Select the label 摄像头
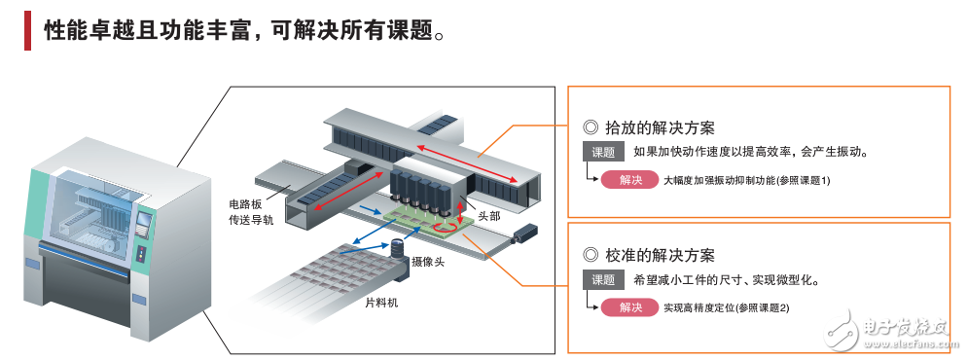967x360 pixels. click(430, 262)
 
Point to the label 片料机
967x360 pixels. click(381, 303)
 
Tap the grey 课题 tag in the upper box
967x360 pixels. click(603, 153)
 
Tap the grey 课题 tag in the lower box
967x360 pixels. click(603, 280)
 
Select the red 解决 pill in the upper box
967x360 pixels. click(629, 180)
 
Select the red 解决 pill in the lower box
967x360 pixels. click(629, 307)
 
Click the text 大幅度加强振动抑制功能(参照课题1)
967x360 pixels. click(746, 181)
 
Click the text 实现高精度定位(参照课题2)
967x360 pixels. click(727, 308)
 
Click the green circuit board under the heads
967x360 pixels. click(428, 222)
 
